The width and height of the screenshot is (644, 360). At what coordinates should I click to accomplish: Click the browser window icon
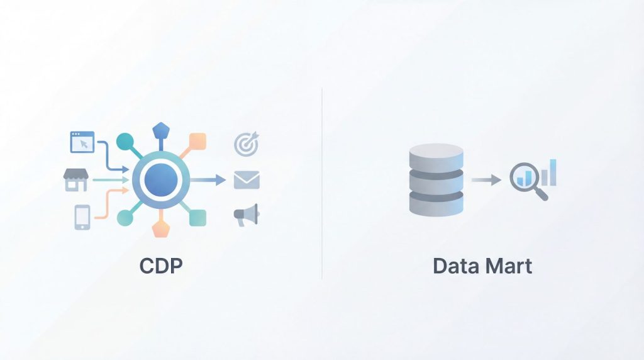82,142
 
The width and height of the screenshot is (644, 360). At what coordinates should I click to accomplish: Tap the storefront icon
75,180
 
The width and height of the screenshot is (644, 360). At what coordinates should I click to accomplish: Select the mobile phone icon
82,217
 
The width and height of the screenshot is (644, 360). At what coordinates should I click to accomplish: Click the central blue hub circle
160,180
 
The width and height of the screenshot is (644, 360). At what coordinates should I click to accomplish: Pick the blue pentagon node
160,132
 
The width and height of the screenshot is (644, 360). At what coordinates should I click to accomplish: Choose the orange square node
197,141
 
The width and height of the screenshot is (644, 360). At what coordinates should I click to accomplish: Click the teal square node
197,217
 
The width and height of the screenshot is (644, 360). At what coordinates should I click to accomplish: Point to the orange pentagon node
161,228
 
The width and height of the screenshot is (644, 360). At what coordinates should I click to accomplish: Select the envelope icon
247,180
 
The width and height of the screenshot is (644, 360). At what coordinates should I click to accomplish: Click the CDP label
161,266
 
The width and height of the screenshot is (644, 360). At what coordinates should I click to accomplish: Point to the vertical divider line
322,183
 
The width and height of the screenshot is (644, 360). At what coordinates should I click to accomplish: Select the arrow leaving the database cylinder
486,180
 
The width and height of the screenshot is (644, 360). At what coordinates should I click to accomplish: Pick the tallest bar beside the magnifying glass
553,172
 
